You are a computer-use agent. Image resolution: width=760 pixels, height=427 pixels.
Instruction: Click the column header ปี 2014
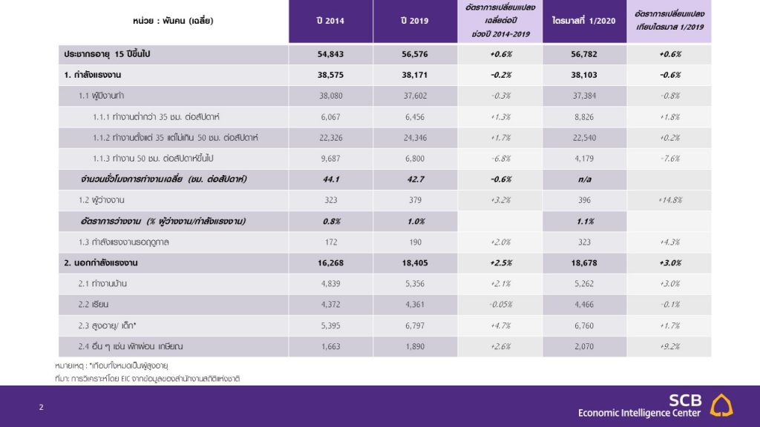pyautogui.click(x=330, y=21)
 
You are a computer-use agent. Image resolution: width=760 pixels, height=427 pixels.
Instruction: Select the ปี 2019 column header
pyautogui.click(x=414, y=21)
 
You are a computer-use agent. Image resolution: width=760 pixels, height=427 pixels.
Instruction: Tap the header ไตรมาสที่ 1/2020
pyautogui.click(x=584, y=21)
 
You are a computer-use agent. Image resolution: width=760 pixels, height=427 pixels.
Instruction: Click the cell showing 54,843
pyautogui.click(x=330, y=54)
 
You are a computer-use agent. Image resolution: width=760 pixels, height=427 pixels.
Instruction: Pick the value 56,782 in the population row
pyautogui.click(x=584, y=54)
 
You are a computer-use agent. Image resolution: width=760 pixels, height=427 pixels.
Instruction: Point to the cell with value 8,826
pyautogui.click(x=584, y=117)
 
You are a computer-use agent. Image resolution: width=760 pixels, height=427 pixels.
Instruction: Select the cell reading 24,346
pyautogui.click(x=415, y=138)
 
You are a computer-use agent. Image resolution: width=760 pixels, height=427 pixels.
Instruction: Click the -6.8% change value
pyautogui.click(x=501, y=159)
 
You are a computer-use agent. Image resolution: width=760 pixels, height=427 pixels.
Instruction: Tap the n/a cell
pyautogui.click(x=585, y=179)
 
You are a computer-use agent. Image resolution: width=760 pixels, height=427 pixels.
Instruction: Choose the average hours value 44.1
pyautogui.click(x=330, y=179)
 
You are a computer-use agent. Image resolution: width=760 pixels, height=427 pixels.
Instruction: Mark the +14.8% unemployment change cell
pyautogui.click(x=670, y=200)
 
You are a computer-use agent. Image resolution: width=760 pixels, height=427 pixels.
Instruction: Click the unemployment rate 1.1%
pyautogui.click(x=585, y=222)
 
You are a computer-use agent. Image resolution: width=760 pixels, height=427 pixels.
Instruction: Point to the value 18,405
pyautogui.click(x=415, y=263)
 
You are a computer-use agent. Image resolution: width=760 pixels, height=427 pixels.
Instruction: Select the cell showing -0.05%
pyautogui.click(x=501, y=305)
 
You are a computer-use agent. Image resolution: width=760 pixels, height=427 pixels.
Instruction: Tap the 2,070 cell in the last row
pyautogui.click(x=584, y=347)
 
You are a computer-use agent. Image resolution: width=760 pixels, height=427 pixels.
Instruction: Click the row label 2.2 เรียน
pyautogui.click(x=94, y=305)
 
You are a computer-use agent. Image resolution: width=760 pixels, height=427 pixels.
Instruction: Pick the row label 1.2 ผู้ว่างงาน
pyautogui.click(x=101, y=200)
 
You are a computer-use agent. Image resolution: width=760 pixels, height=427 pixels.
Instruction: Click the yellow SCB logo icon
pyautogui.click(x=721, y=406)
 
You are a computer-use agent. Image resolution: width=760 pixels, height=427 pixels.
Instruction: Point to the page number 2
pyautogui.click(x=42, y=407)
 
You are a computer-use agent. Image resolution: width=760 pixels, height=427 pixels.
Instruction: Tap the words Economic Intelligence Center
pyautogui.click(x=639, y=413)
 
